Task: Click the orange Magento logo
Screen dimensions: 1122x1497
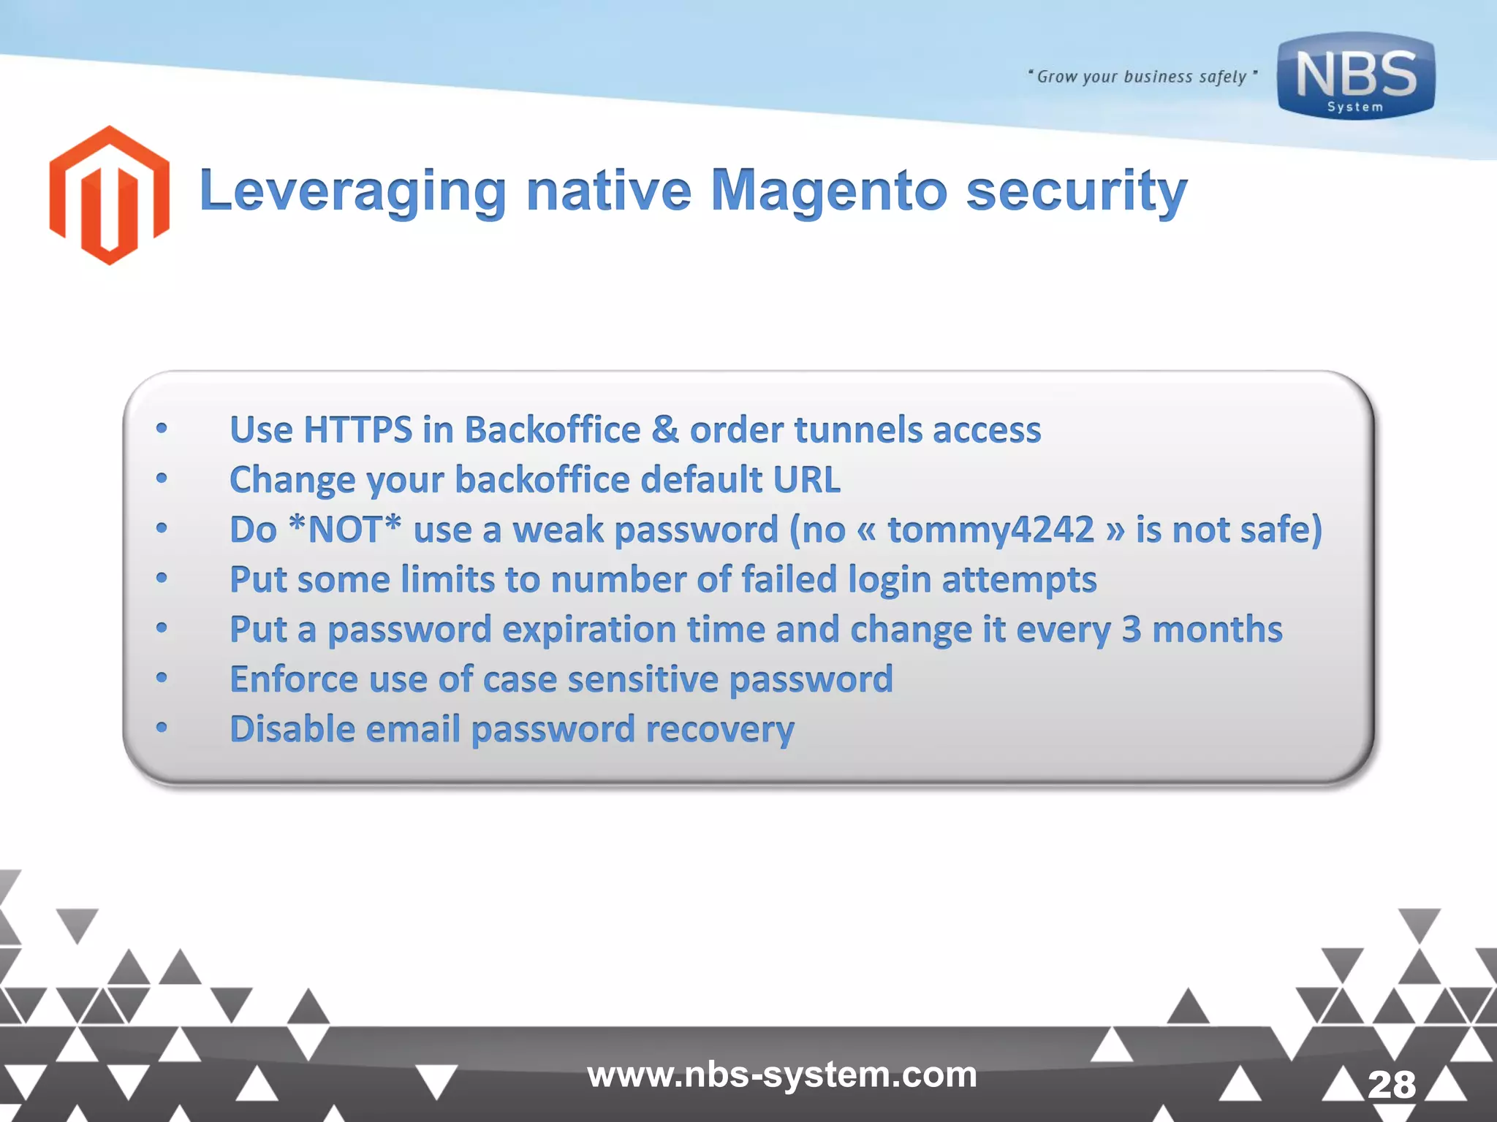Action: pyautogui.click(x=110, y=195)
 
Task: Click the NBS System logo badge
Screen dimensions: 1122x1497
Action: pyautogui.click(x=1356, y=76)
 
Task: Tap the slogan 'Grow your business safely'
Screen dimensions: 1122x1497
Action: pyautogui.click(x=1142, y=77)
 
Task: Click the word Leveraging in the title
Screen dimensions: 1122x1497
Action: pyautogui.click(x=352, y=191)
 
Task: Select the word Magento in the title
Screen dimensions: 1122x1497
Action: pyautogui.click(x=829, y=191)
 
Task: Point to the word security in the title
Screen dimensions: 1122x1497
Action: pyautogui.click(x=1076, y=191)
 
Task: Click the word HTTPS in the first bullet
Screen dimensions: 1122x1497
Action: pyautogui.click(x=357, y=430)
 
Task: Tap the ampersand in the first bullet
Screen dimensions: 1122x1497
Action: pyautogui.click(x=665, y=430)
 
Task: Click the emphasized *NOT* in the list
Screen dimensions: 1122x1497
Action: pyautogui.click(x=345, y=529)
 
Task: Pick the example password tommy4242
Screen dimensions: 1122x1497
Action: pyautogui.click(x=990, y=529)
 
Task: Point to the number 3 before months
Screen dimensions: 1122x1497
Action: pyautogui.click(x=1131, y=629)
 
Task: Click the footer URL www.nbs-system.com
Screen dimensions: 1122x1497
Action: pyautogui.click(x=782, y=1075)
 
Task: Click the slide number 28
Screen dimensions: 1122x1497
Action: pyautogui.click(x=1392, y=1084)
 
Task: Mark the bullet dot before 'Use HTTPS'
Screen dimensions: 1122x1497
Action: pyautogui.click(x=162, y=429)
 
